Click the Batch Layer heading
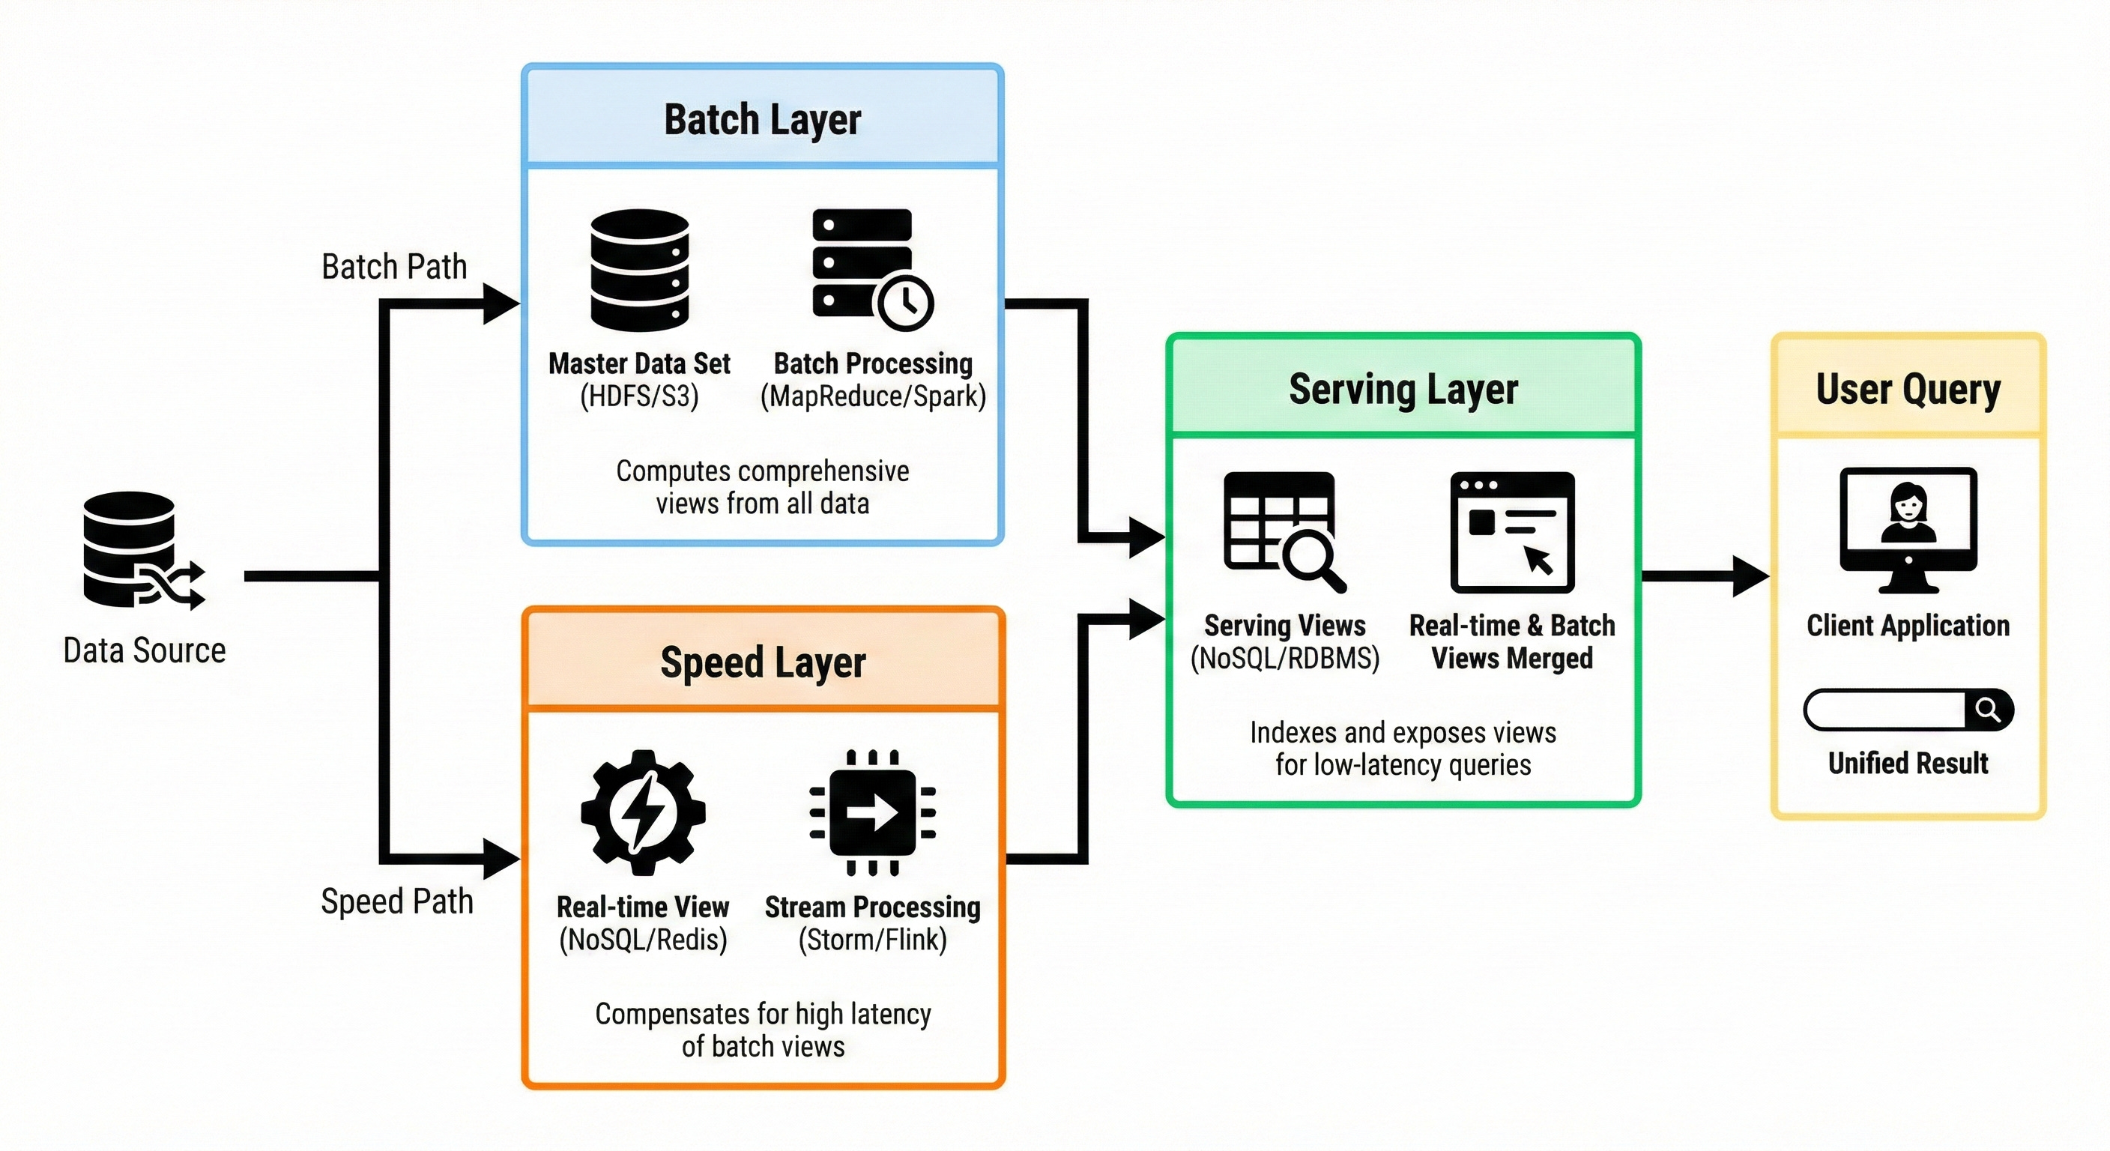(x=762, y=120)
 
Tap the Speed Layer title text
(x=762, y=662)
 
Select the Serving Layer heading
(x=1403, y=389)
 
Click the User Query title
(x=1908, y=389)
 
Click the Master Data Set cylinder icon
(x=639, y=270)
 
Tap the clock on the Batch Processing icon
(x=905, y=302)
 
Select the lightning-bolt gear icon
(x=643, y=812)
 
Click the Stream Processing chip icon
(x=872, y=812)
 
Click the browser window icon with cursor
(x=1512, y=532)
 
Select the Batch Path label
(x=394, y=267)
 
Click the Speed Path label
(x=397, y=901)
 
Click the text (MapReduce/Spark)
(x=873, y=396)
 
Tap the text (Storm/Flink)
(x=872, y=940)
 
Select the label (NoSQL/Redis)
(x=643, y=940)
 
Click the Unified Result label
(x=1908, y=764)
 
